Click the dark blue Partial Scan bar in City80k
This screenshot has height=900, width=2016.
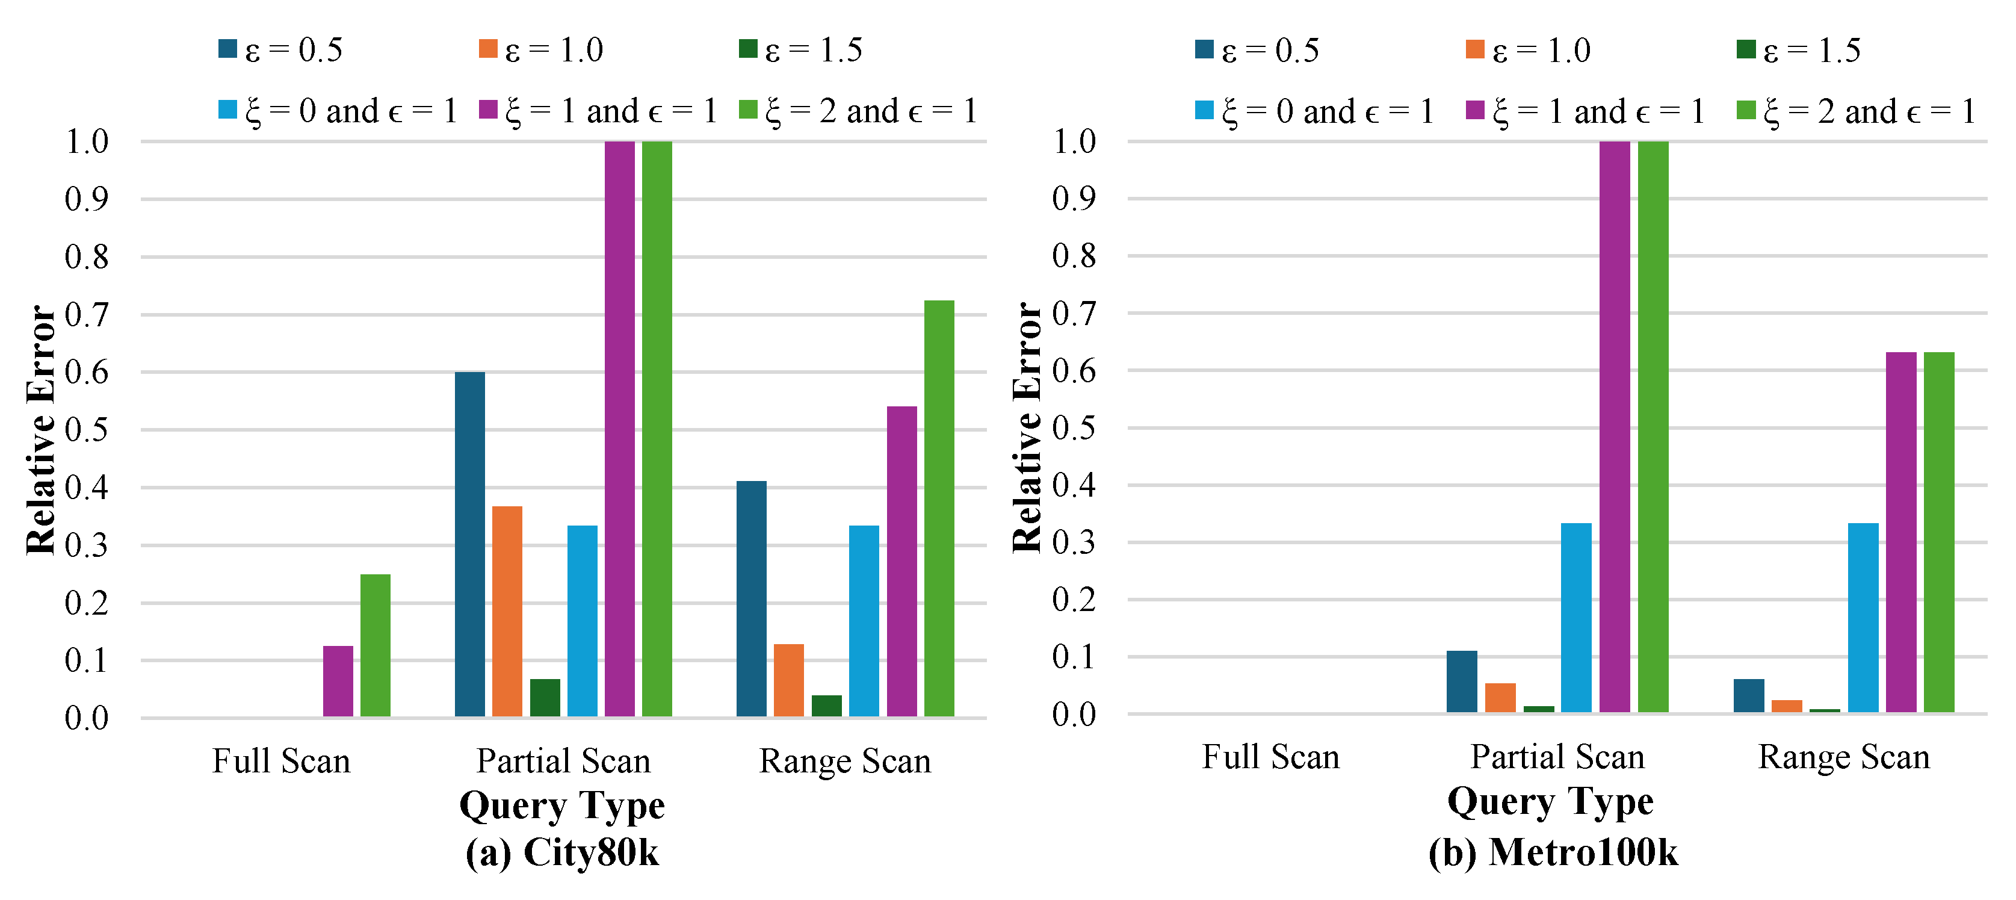tap(469, 544)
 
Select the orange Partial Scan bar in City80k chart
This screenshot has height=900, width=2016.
tap(507, 611)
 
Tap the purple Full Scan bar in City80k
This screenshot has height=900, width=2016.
tap(338, 681)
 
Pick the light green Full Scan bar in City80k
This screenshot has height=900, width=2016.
tap(376, 645)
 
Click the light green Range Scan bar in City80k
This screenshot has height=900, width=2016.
tap(939, 509)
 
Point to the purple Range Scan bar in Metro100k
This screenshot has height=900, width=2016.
tap(1901, 532)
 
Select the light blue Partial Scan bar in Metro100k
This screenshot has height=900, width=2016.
tap(1576, 618)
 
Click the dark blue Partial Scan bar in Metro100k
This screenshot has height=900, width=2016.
tap(1462, 681)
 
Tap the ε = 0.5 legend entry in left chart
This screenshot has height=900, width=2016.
tap(282, 50)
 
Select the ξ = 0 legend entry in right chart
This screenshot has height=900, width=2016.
tap(1315, 111)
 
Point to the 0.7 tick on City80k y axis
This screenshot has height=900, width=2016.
tap(86, 315)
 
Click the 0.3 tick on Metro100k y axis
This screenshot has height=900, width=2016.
tap(1074, 542)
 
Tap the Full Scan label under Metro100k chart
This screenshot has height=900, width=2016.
tap(1271, 757)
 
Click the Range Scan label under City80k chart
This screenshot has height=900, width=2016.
tap(846, 761)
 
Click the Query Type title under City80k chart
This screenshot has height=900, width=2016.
tap(562, 805)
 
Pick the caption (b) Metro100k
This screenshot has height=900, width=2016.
tap(1553, 852)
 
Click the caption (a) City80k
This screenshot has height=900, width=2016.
tap(562, 852)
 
